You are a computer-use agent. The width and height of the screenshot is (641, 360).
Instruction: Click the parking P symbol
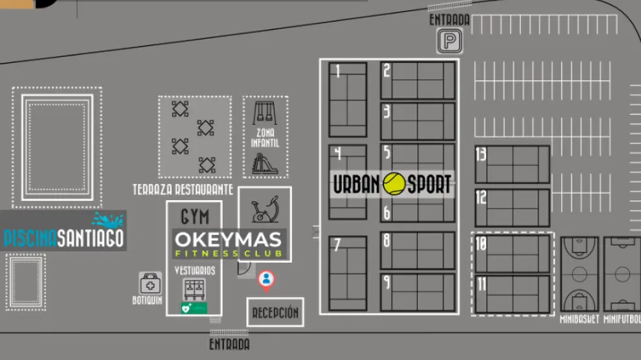tap(448, 42)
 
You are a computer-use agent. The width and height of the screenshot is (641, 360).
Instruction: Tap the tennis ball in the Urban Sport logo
tap(394, 184)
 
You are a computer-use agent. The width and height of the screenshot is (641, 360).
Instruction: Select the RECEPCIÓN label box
tap(275, 313)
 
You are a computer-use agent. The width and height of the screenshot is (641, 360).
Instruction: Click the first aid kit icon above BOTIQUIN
tap(150, 284)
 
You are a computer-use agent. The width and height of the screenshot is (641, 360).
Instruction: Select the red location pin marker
tap(266, 280)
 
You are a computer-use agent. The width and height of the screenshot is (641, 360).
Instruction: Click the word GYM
tap(195, 216)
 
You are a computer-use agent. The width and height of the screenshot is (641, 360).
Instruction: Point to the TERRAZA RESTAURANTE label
tap(183, 190)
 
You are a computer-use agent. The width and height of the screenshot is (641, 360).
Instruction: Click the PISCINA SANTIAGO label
tap(63, 238)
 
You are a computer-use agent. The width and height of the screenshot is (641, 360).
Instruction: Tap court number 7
tap(348, 273)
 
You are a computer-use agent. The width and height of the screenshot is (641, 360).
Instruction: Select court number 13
tap(512, 164)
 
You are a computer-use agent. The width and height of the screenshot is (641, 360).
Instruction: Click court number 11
tap(512, 295)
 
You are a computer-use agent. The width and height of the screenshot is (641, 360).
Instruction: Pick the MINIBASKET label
tap(579, 319)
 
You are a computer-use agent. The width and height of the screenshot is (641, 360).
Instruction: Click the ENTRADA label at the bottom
tap(229, 344)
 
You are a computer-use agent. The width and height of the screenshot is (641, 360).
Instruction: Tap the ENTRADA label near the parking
tap(449, 20)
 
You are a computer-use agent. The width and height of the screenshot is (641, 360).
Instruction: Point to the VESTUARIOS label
tap(194, 270)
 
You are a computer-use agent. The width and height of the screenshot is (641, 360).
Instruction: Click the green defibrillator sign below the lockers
tap(194, 308)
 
